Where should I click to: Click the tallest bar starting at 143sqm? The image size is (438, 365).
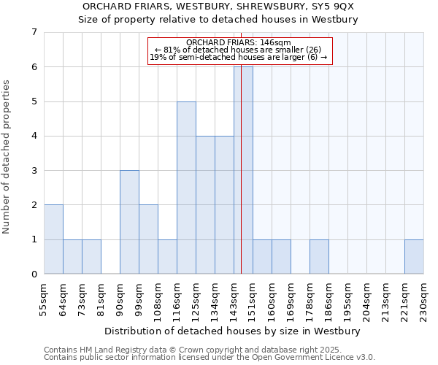point(243,170)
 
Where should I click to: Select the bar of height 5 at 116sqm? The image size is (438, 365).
point(186,188)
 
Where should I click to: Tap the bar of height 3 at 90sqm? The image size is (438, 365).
point(129,222)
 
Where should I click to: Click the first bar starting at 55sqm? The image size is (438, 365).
point(53,239)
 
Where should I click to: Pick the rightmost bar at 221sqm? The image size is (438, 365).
point(414,256)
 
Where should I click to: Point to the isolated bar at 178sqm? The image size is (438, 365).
point(319,256)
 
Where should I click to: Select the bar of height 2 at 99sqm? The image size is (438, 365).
point(148,239)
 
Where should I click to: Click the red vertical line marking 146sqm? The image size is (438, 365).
point(241,182)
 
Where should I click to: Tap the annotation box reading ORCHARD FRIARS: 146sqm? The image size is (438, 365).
point(239,50)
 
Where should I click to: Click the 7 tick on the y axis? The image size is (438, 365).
point(34,32)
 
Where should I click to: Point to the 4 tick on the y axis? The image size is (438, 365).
point(34,136)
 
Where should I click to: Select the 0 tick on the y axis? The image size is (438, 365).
point(34,274)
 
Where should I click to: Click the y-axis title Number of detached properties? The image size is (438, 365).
point(7,157)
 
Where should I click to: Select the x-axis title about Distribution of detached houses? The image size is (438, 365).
point(234,331)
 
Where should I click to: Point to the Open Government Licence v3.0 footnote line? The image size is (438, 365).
point(210,358)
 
